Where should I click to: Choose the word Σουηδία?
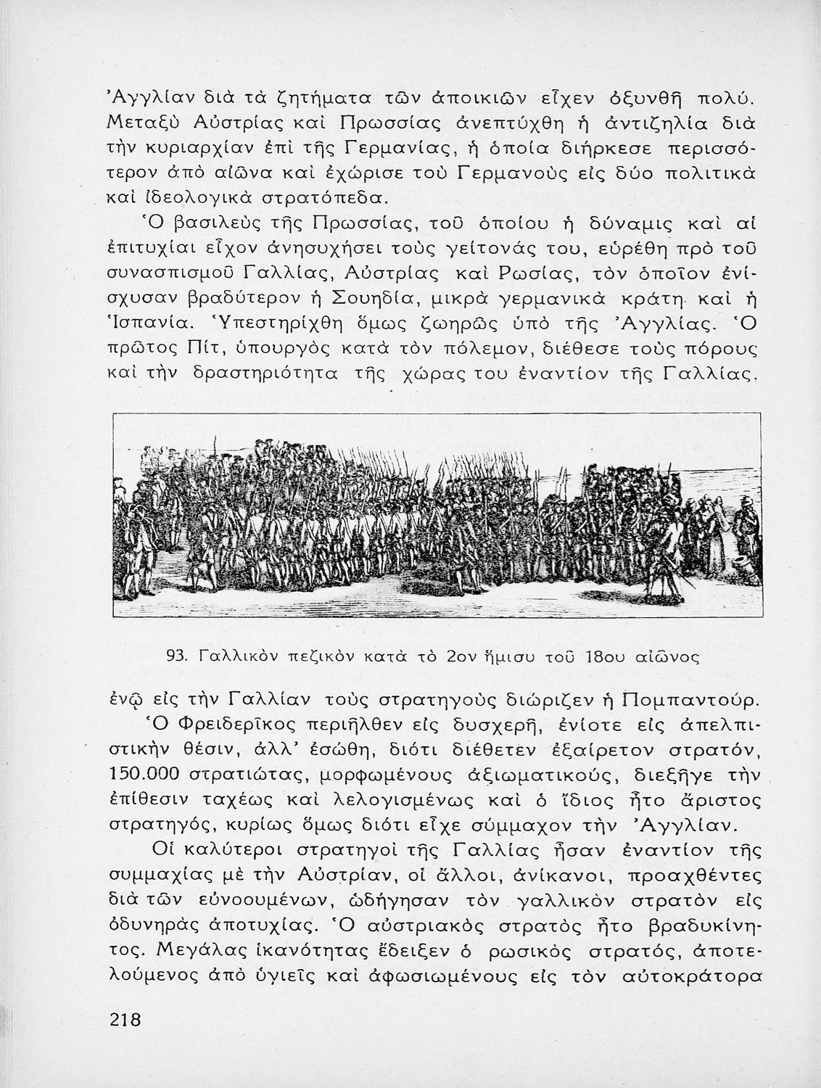click(x=370, y=297)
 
